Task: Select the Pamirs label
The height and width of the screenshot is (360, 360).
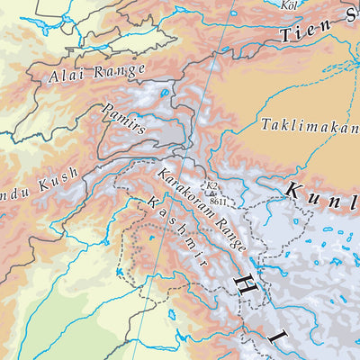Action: [x=124, y=119]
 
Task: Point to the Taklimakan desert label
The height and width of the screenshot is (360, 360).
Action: [x=309, y=126]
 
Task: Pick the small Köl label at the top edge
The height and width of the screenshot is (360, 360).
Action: [x=290, y=4]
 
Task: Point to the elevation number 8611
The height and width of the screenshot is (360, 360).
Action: [x=213, y=202]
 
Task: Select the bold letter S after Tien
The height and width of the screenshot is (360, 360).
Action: [x=350, y=15]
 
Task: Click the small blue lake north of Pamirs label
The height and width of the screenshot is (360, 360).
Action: [x=166, y=92]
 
